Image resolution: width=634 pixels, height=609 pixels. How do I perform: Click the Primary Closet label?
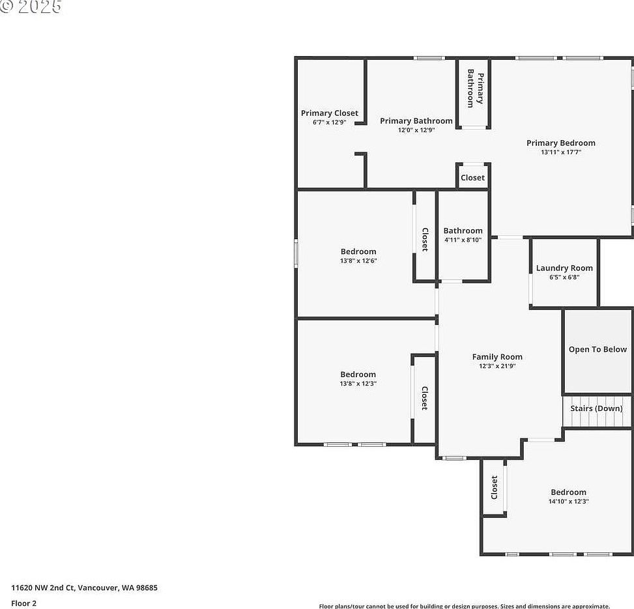point(329,113)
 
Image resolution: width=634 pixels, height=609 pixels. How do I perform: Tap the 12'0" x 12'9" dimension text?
point(416,130)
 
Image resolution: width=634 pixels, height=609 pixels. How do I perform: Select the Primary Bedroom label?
point(560,143)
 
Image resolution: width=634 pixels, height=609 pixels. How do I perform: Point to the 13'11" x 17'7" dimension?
point(560,152)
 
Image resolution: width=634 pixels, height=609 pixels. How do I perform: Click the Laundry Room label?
point(564,268)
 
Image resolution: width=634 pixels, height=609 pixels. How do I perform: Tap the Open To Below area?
point(598,350)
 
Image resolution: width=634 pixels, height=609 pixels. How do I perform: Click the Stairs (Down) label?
point(596,408)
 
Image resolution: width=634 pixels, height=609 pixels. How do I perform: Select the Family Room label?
point(497,357)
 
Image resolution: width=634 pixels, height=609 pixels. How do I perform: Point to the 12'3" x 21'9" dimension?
point(497,366)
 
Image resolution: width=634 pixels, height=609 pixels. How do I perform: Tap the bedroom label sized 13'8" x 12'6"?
point(358,252)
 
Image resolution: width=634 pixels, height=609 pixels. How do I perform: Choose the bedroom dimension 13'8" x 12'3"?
point(358,384)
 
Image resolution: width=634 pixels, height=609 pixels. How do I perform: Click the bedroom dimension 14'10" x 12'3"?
point(568,502)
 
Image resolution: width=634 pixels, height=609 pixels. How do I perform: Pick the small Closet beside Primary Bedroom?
point(472,178)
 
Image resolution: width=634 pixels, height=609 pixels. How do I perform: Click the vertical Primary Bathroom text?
point(475,89)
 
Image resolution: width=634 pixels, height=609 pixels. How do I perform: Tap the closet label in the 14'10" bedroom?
point(494,487)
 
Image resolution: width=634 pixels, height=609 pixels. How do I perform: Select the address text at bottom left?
point(84,588)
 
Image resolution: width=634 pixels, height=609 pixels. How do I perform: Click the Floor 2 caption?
point(23,603)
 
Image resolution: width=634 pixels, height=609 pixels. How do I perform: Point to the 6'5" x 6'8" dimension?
point(564,277)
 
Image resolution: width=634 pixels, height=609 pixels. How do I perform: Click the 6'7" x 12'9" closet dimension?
point(329,122)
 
